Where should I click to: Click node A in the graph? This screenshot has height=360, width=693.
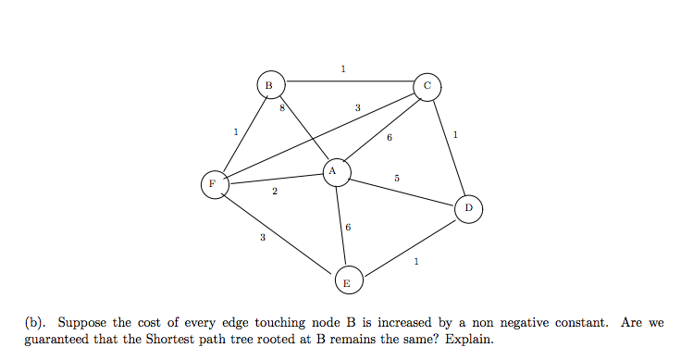pos(337,171)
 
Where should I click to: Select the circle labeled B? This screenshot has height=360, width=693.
pos(269,84)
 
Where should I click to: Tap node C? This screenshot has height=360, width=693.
pos(427,86)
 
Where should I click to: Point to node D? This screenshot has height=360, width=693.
pos(468,209)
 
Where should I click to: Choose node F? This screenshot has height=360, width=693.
pos(214,183)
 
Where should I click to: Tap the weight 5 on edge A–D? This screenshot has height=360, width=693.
pos(396,177)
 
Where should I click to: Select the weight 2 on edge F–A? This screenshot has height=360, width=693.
pos(275,192)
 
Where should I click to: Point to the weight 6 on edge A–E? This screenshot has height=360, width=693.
pos(348,227)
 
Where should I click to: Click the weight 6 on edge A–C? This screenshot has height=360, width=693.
pos(390,138)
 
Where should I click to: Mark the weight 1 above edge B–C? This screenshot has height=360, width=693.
pos(343,68)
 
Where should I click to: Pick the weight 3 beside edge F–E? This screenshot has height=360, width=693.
pos(262,238)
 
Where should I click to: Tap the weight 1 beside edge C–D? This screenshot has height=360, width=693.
pos(455,136)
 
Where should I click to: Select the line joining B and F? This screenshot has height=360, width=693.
pos(241,133)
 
